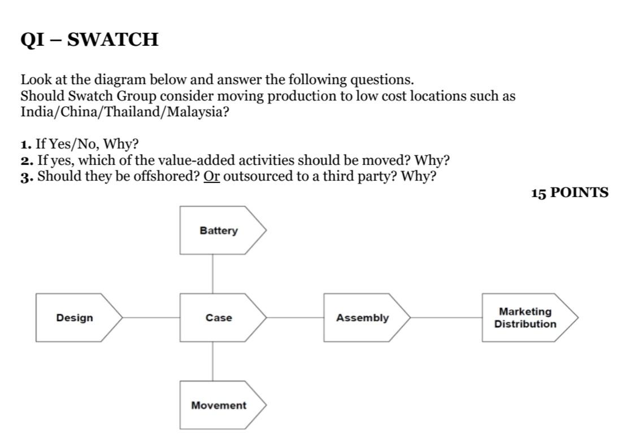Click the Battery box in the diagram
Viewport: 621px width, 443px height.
(x=219, y=230)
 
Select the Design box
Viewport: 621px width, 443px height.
(x=75, y=318)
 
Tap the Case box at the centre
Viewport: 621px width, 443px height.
(x=219, y=318)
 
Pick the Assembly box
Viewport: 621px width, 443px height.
(x=363, y=318)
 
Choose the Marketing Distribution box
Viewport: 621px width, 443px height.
(x=526, y=318)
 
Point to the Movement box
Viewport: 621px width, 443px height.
(x=219, y=405)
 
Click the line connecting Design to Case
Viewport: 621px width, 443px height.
(x=151, y=318)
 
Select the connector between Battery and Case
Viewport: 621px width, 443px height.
(x=213, y=274)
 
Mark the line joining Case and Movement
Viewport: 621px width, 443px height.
(x=213, y=361)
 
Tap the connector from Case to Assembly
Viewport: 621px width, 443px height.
(x=294, y=318)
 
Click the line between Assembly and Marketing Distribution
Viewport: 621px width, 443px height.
(x=446, y=318)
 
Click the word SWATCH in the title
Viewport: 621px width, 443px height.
(x=113, y=40)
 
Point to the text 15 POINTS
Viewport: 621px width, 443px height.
(x=570, y=193)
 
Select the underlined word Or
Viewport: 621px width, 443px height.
(x=212, y=177)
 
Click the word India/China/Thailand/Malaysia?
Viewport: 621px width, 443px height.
(x=125, y=112)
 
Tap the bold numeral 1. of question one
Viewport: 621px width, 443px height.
(x=26, y=144)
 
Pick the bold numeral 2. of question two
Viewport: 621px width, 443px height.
(x=26, y=161)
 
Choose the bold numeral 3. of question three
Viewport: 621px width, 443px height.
(x=26, y=177)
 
